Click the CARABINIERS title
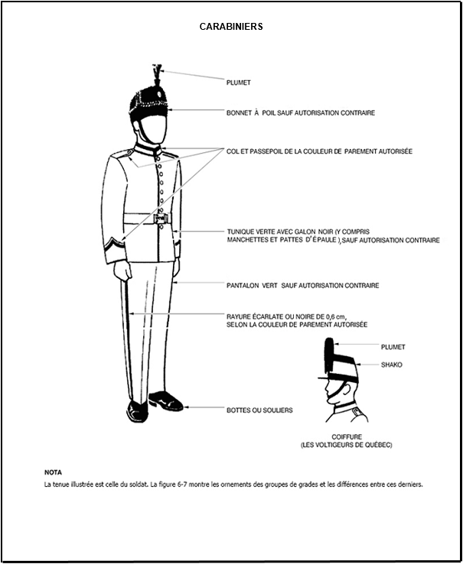point(231,26)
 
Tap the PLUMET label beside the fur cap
point(239,82)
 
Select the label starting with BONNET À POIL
point(300,112)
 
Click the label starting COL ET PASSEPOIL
point(319,151)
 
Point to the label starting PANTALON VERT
point(302,286)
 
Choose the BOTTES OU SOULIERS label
point(259,410)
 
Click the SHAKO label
point(391,365)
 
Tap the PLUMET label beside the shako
point(393,347)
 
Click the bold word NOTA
point(54,472)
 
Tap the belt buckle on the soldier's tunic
point(161,219)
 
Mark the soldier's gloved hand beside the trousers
point(121,272)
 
